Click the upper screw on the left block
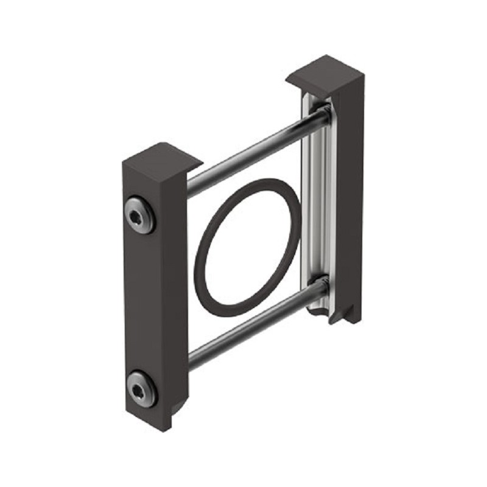click(139, 214)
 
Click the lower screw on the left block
click(141, 387)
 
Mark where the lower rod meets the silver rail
click(322, 286)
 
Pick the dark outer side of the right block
click(350, 195)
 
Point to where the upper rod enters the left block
click(189, 182)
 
